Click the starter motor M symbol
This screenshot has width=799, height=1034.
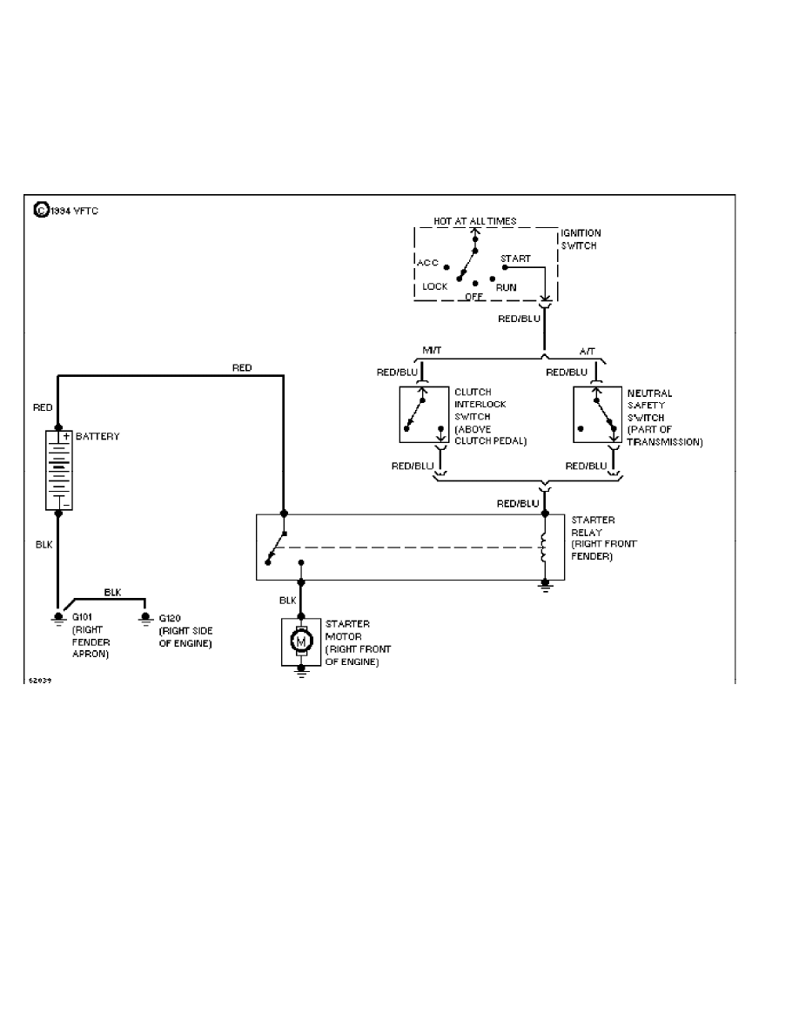click(x=301, y=642)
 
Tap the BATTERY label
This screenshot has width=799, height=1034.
click(x=97, y=436)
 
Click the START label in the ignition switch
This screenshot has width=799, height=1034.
click(x=515, y=258)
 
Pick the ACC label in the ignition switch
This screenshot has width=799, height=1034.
click(x=428, y=262)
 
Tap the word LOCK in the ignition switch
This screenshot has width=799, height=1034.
click(x=434, y=285)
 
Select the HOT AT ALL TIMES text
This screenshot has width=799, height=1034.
click(x=474, y=221)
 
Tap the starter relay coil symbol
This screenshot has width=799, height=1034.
click(x=545, y=547)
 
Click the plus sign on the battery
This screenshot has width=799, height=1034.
click(x=66, y=435)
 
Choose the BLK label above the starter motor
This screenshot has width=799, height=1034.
click(x=288, y=601)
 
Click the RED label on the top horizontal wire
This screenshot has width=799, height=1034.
click(x=242, y=368)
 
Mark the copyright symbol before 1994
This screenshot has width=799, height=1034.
click(x=40, y=210)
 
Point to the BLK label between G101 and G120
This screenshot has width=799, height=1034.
click(x=112, y=592)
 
